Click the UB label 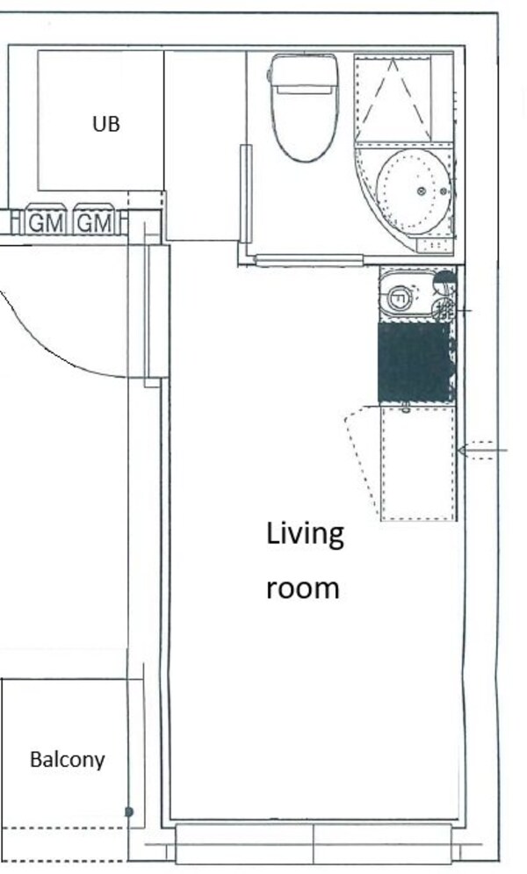[106, 124]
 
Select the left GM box [46, 220]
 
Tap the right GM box [94, 220]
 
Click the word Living [305, 535]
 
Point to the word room [302, 589]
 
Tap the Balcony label [68, 760]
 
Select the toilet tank [303, 70]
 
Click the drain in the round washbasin [421, 191]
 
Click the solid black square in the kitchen [415, 362]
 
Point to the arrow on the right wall [482, 450]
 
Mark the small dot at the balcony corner [129, 813]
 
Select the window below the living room [314, 844]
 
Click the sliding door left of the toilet [246, 193]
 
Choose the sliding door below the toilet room [309, 259]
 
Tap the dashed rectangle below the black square [418, 464]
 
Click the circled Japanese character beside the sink [444, 309]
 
